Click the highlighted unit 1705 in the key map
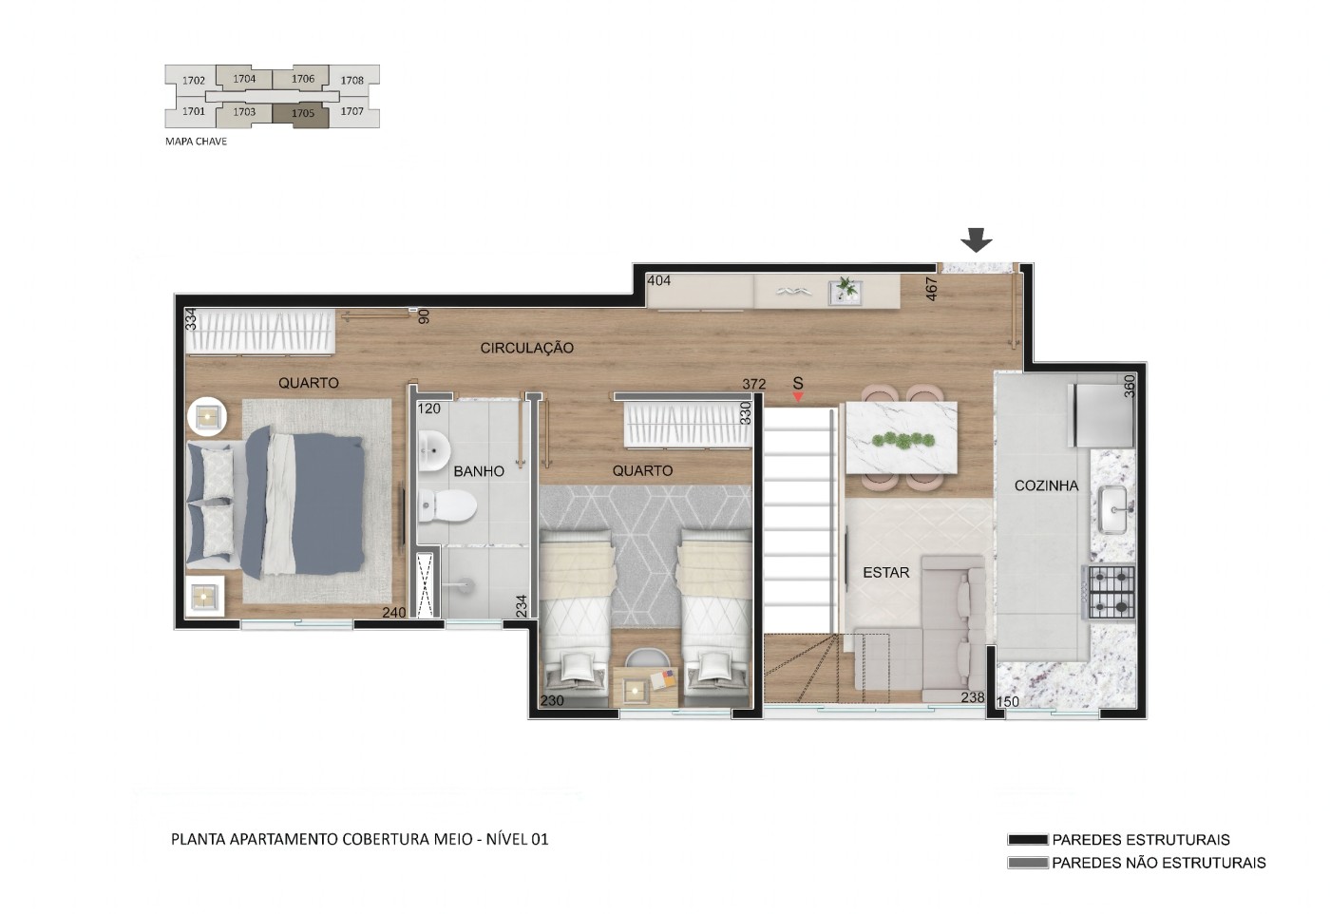pos(302,114)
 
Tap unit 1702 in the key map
pos(193,81)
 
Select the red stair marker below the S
pos(798,396)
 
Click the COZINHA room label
pos(1046,486)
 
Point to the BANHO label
pos(479,471)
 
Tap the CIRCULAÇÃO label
pos(526,349)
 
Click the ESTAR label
pos(885,573)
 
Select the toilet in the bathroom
pos(447,505)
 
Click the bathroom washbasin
pos(434,450)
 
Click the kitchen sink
pos(1112,510)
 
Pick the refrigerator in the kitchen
pos(1103,414)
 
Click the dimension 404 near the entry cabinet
pos(658,280)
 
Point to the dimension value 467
pos(932,289)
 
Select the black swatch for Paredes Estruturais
pos(1027,840)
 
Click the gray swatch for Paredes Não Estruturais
pos(1027,864)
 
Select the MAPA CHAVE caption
pos(196,142)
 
